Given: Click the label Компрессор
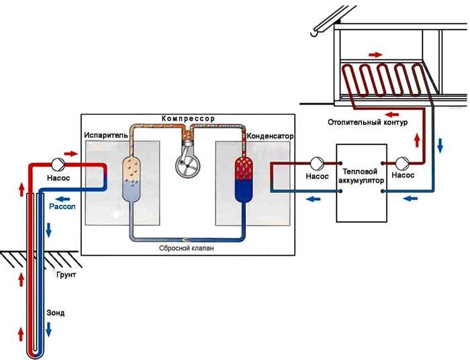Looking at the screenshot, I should click(187, 118).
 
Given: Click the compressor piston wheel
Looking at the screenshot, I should click(187, 163).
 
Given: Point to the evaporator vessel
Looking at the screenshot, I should click(132, 178).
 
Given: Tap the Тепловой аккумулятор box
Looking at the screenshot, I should click(363, 183).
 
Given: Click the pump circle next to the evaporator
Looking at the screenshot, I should click(58, 164).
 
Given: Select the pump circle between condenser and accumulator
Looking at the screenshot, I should click(316, 164).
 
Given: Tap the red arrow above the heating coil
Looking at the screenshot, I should click(376, 54).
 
